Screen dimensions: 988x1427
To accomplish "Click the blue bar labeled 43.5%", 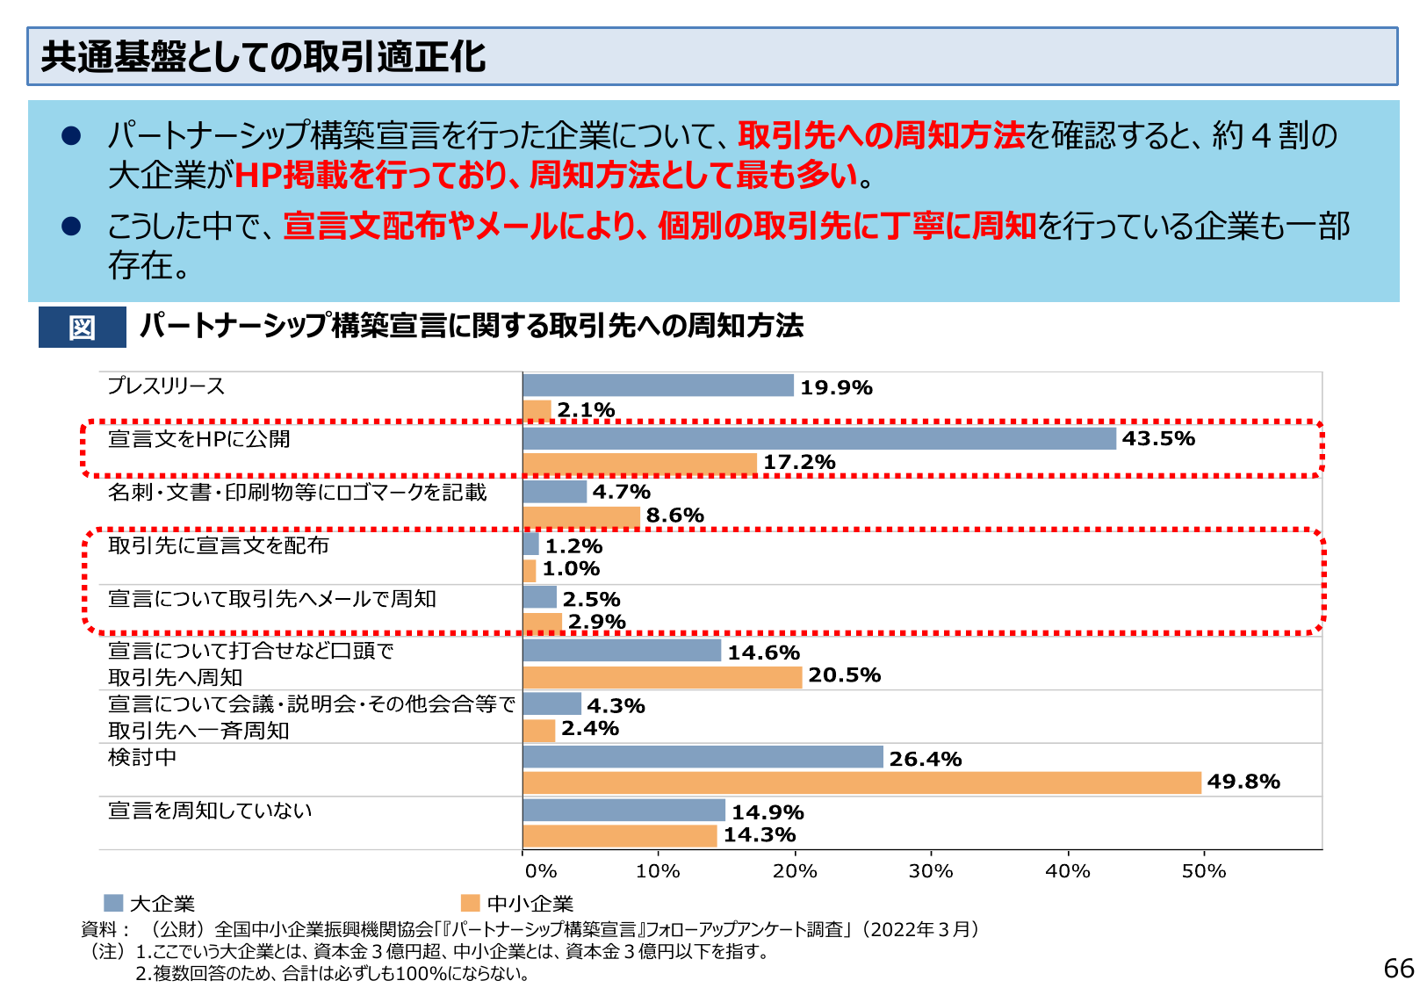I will (818, 438).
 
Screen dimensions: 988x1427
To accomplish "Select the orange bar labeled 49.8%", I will (861, 782).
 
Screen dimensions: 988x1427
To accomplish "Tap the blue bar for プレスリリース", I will (658, 386).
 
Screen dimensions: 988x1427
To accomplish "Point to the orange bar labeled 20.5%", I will (662, 676).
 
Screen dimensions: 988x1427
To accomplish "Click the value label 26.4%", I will (925, 759).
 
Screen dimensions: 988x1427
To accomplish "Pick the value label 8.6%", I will (674, 516).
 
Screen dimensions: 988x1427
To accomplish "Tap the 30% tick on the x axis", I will (931, 871).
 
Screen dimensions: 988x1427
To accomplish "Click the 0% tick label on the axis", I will (540, 871).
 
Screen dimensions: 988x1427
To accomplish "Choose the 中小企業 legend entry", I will (517, 904).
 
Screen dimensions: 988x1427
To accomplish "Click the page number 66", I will (1398, 968).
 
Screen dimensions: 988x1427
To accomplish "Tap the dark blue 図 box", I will (82, 328).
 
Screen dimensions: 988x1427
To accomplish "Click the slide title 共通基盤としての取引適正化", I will (263, 56).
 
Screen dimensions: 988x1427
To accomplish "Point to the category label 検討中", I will (142, 757).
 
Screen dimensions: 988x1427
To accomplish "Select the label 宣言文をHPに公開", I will (198, 438).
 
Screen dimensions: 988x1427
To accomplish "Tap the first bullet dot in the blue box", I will (71, 135).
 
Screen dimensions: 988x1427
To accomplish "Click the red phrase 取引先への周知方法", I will (881, 135).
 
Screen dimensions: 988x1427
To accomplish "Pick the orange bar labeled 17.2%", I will (639, 463).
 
